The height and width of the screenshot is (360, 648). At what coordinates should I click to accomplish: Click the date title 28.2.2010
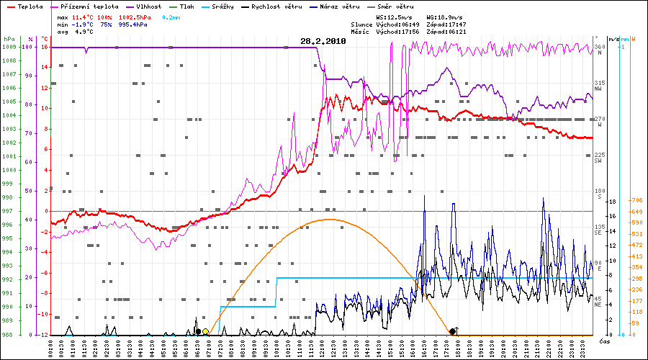(323, 42)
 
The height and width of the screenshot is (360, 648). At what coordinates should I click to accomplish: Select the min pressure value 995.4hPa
(133, 24)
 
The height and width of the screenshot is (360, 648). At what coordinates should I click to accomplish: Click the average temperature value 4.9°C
(84, 32)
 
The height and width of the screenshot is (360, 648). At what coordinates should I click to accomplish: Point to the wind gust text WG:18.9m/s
(444, 17)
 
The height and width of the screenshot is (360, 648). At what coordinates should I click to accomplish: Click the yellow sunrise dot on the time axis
(206, 332)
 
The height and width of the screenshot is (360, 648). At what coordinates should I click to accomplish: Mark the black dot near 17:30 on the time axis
(452, 331)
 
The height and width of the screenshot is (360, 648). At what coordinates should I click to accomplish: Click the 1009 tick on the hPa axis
(9, 47)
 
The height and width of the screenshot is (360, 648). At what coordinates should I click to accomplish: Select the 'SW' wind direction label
(598, 161)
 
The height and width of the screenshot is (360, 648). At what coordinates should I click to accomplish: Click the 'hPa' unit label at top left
(9, 38)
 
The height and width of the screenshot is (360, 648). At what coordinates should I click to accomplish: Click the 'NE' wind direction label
(598, 305)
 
